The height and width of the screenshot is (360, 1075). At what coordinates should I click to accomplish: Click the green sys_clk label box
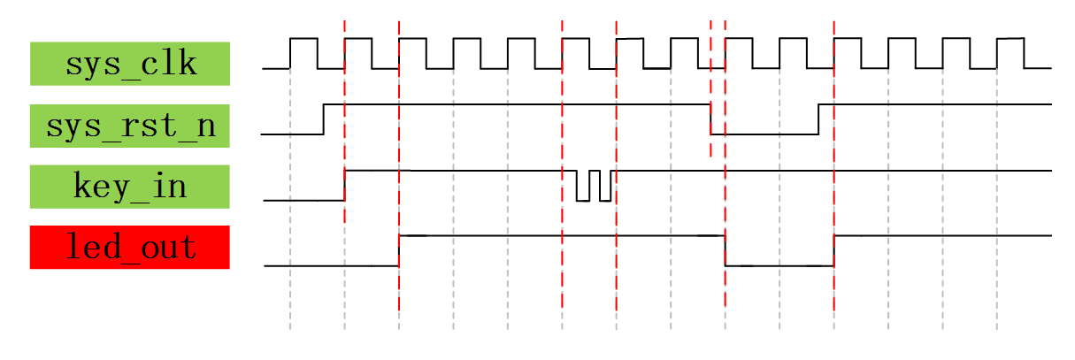pyautogui.click(x=130, y=64)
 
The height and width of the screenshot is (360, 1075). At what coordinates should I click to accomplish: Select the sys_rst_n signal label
pyautogui.click(x=130, y=126)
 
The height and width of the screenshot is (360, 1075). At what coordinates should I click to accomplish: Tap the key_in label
pyautogui.click(x=130, y=187)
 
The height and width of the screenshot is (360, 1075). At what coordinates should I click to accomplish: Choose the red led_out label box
pyautogui.click(x=130, y=247)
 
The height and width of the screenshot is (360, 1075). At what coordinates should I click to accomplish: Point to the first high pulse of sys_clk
pyautogui.click(x=303, y=38)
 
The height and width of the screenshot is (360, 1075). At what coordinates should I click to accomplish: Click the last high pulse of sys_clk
pyautogui.click(x=1010, y=38)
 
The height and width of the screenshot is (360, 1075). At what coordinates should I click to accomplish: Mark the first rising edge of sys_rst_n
pyautogui.click(x=324, y=119)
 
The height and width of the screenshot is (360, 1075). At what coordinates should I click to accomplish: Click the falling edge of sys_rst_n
pyautogui.click(x=710, y=119)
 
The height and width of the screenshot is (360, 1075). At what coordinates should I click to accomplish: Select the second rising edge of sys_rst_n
pyautogui.click(x=818, y=119)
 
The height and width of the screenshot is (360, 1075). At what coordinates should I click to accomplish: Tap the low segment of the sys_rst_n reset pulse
pyautogui.click(x=764, y=134)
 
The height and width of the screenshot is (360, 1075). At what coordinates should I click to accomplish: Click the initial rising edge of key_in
pyautogui.click(x=344, y=185)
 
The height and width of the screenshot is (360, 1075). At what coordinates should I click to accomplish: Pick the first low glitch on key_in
pyautogui.click(x=582, y=200)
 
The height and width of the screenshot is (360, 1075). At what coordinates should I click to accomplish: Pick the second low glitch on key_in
pyautogui.click(x=605, y=200)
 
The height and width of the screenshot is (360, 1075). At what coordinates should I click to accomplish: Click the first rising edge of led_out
pyautogui.click(x=399, y=250)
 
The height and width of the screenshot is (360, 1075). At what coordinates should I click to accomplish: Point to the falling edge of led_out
pyautogui.click(x=725, y=250)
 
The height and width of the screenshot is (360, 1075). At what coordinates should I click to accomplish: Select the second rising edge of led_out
pyautogui.click(x=833, y=250)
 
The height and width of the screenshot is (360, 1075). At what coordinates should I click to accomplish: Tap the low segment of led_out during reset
pyautogui.click(x=779, y=265)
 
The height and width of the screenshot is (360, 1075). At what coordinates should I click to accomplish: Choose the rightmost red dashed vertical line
pyautogui.click(x=833, y=166)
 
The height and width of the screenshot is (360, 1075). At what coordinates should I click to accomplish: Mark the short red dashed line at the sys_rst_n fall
pyautogui.click(x=710, y=88)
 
